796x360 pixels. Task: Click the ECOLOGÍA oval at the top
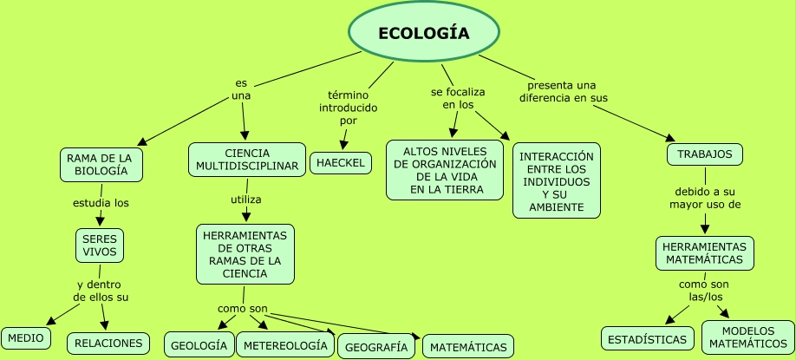pos(424,33)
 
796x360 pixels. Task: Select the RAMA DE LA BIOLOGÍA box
pos(101,165)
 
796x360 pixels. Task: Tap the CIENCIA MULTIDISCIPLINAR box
pos(247,160)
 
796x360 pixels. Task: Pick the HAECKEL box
pos(341,163)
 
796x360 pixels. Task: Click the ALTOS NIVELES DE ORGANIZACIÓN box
pos(445,170)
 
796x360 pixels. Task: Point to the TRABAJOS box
pos(704,154)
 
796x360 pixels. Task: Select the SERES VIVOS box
pos(100,245)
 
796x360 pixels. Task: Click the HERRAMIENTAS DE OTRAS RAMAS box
pos(245,254)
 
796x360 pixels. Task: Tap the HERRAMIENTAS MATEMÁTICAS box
pos(704,253)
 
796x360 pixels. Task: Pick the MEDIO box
pos(26,337)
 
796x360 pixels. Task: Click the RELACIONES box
pos(108,343)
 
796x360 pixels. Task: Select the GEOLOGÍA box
pos(199,344)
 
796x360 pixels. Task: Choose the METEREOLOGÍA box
pos(285,344)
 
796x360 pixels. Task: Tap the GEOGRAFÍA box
pos(376,346)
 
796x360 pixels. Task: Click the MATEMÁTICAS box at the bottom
pos(468,347)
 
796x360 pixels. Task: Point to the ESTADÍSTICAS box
pos(648,338)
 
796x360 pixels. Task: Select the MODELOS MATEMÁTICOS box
pos(747,337)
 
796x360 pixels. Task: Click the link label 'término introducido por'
pos(349,108)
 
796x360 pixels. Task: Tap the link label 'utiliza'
pos(245,200)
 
